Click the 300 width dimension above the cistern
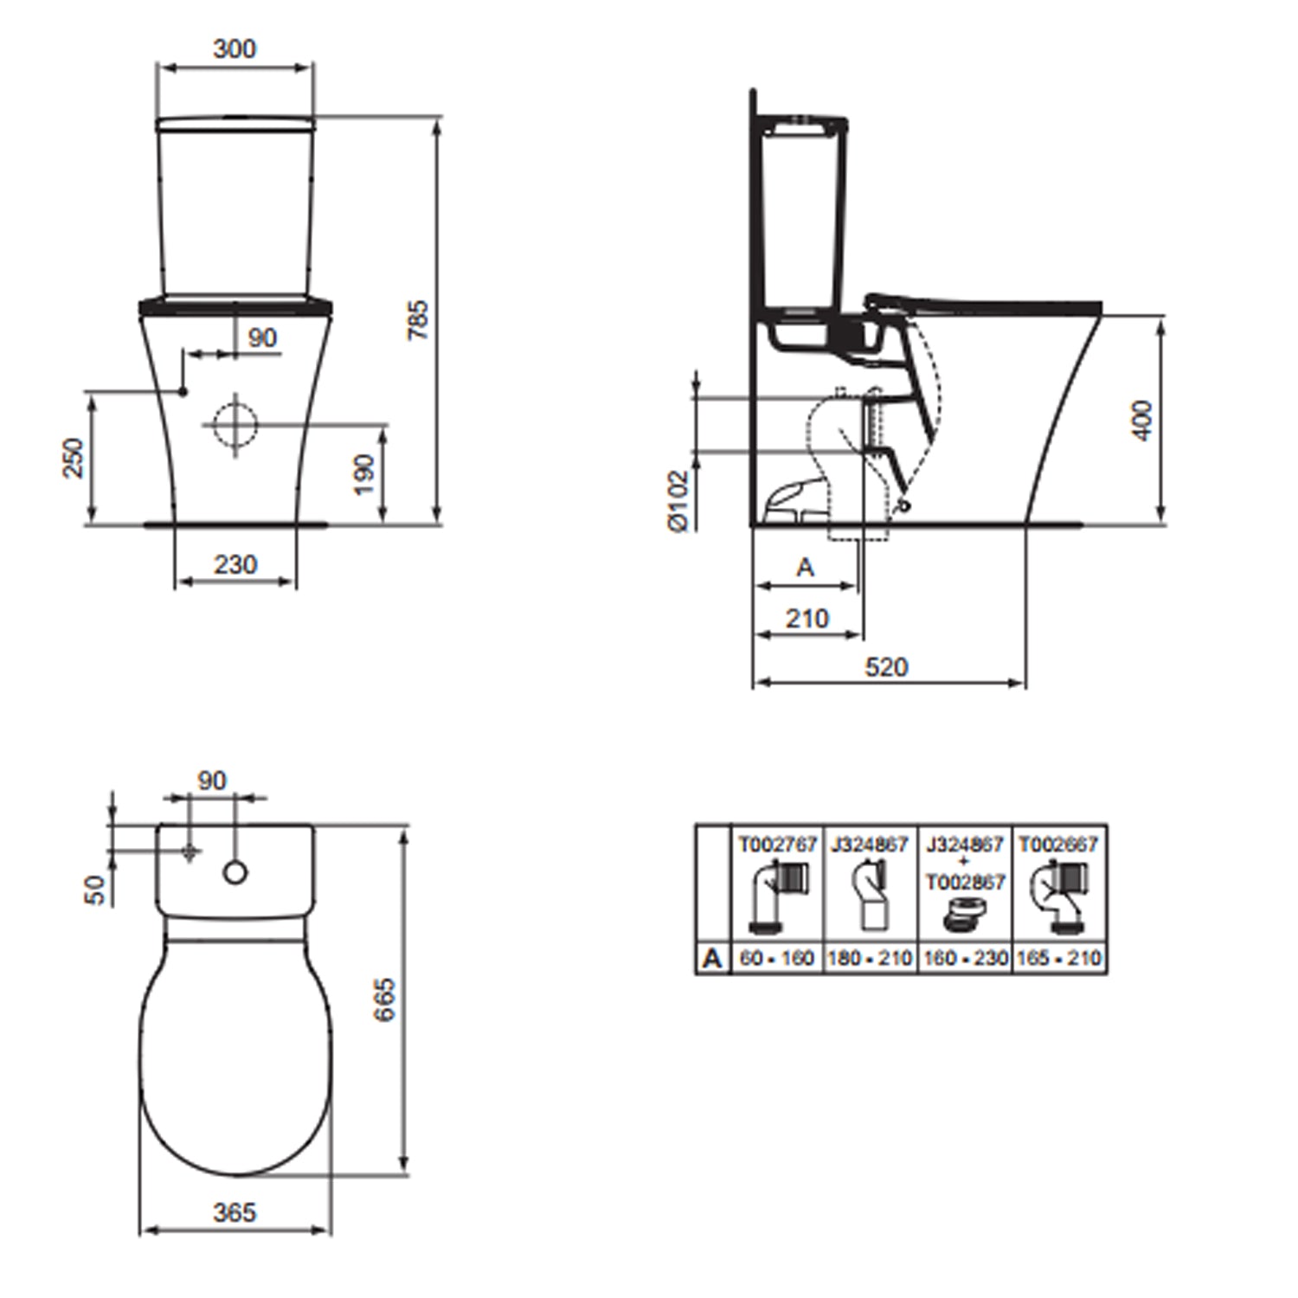235,48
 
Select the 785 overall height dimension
418,319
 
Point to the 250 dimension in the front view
74,458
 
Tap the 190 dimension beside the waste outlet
364,474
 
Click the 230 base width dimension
235,564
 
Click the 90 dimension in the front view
261,337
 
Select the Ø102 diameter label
678,501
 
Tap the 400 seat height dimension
1142,421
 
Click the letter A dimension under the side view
805,568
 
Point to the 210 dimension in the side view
806,618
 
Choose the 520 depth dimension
887,666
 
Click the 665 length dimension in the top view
385,999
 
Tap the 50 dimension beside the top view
95,890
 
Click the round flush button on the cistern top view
235,872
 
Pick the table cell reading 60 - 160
777,958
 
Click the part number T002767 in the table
777,844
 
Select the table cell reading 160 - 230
965,958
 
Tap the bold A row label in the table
712,958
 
